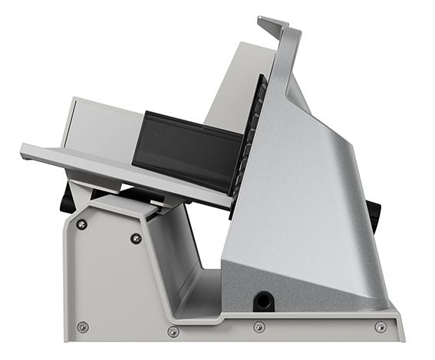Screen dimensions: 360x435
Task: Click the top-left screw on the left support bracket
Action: tap(81, 224)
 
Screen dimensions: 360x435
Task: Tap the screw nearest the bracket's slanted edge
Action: tap(136, 238)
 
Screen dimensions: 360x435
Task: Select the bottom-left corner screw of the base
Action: tap(83, 327)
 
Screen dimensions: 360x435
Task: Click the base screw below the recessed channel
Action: tap(173, 332)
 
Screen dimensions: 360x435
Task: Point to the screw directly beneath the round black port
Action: tap(259, 327)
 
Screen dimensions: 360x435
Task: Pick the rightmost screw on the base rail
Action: tap(381, 327)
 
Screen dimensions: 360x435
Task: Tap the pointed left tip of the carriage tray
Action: tap(24, 147)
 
